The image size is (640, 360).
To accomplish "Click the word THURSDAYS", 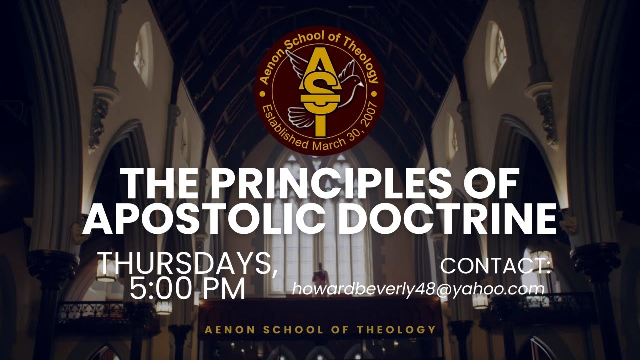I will [x=188, y=264].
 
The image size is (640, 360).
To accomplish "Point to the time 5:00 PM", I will [x=187, y=289].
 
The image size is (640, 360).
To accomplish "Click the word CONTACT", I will [x=495, y=266].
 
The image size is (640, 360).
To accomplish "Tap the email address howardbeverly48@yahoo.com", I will [x=418, y=289].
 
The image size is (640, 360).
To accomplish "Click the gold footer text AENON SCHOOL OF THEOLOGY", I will [x=320, y=330].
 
